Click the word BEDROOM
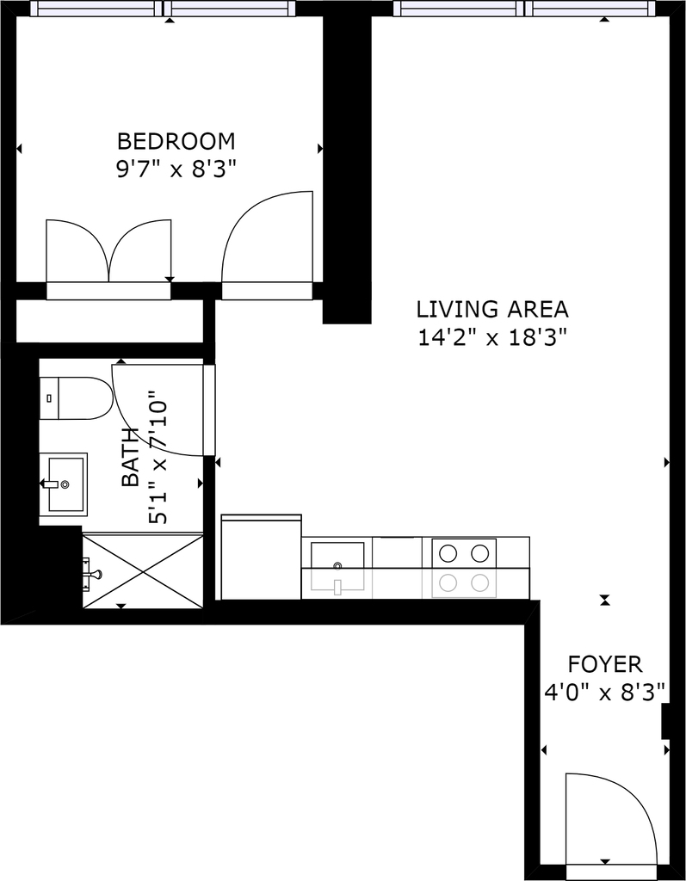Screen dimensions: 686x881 (176, 141)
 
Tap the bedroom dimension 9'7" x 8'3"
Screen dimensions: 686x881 (175, 169)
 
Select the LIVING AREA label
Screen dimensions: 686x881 (492, 310)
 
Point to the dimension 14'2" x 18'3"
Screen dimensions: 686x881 (491, 338)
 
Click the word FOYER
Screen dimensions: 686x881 (604, 665)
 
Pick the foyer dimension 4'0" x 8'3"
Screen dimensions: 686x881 (605, 693)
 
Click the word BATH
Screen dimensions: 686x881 (131, 457)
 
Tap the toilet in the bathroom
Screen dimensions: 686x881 (76, 398)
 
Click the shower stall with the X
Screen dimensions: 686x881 (143, 571)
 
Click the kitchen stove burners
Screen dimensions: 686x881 (464, 568)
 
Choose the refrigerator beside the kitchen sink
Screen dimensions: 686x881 (262, 557)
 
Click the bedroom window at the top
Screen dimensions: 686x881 (163, 9)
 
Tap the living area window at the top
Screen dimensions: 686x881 (525, 9)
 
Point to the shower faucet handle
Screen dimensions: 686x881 (91, 574)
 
